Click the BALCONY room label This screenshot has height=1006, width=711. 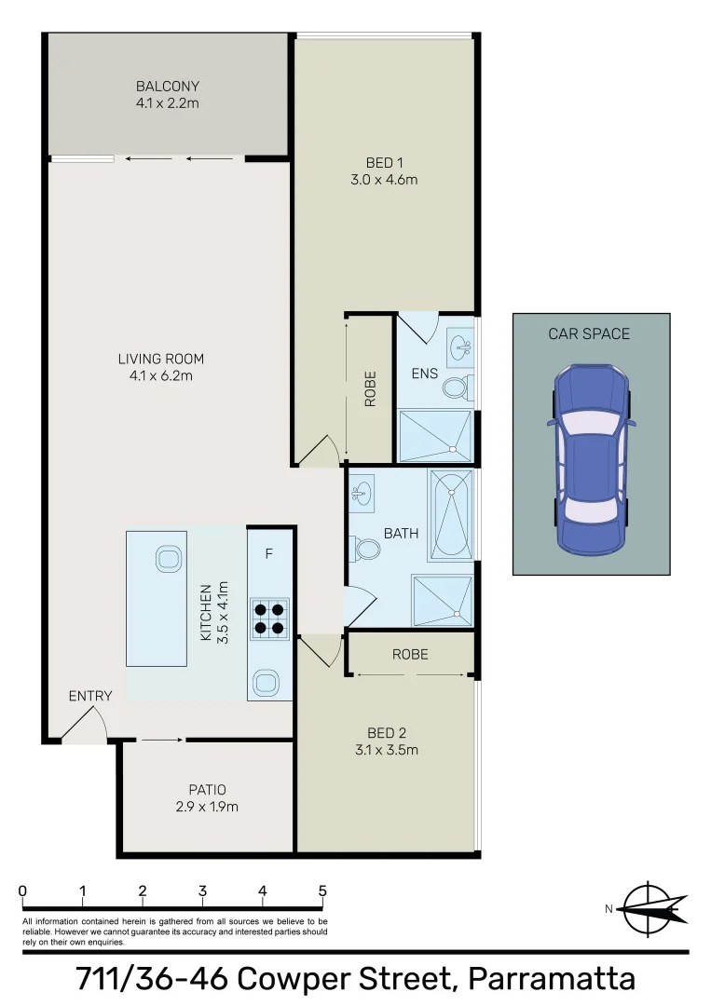(x=168, y=87)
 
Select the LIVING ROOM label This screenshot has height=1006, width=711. (x=160, y=359)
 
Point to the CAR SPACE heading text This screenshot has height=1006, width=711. (x=589, y=333)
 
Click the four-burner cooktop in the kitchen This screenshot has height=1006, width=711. (x=269, y=619)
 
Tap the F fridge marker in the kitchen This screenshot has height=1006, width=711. (x=269, y=554)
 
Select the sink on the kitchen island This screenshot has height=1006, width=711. (x=169, y=559)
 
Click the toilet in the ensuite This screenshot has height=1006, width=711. (x=456, y=387)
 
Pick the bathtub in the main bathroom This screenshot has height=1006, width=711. (x=451, y=514)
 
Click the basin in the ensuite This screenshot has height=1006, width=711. (x=460, y=348)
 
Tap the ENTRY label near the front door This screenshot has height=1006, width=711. (x=90, y=696)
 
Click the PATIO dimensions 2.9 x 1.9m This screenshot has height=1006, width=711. (x=207, y=807)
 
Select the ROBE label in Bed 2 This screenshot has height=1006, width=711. (x=410, y=654)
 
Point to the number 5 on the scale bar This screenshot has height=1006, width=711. (x=322, y=890)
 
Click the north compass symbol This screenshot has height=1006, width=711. (x=652, y=908)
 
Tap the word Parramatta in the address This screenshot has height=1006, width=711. (x=552, y=979)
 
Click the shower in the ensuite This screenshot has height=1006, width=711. (x=435, y=435)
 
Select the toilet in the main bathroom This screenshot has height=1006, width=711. (x=366, y=550)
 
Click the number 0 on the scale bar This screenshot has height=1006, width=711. (x=22, y=890)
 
